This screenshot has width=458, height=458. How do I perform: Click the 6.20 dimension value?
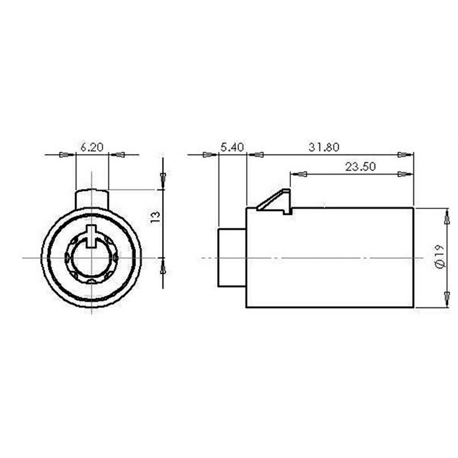pos(92,147)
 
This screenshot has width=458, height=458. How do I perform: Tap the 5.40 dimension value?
pos(232,147)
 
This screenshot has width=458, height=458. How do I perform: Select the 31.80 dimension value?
pos(324,147)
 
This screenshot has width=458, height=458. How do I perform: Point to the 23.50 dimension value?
pos(360,167)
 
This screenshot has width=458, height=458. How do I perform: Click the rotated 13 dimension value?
pos(155,217)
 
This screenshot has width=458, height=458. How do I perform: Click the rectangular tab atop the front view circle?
pos(92,199)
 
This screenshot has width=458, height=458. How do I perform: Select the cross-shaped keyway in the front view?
pos(92,235)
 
